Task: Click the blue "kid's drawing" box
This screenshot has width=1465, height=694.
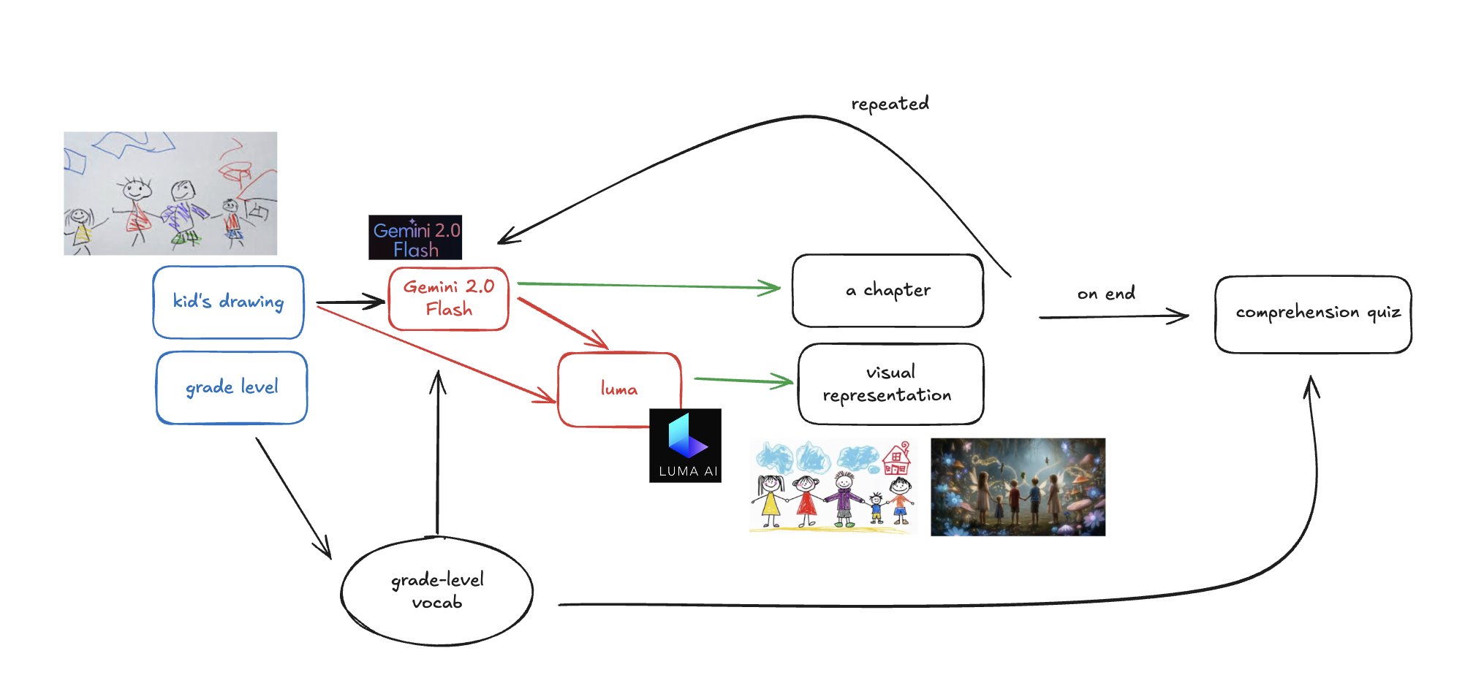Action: [x=228, y=302]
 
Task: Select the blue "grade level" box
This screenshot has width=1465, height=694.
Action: [x=232, y=387]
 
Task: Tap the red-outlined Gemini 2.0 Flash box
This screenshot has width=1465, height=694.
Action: [x=448, y=299]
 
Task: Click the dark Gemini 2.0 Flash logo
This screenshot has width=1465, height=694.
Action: [x=415, y=237]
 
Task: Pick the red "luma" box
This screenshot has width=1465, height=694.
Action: [x=618, y=389]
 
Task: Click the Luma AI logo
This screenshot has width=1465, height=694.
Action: [x=685, y=446]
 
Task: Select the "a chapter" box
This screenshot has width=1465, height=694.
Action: [x=887, y=291]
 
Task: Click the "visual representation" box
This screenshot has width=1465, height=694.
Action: [x=890, y=384]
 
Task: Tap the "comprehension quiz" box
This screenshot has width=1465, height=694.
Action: [x=1313, y=314]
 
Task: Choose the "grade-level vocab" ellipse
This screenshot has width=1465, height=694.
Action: [x=437, y=592]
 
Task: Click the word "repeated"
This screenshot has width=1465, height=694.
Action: [x=890, y=104]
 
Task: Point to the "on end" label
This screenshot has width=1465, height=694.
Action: [x=1106, y=294]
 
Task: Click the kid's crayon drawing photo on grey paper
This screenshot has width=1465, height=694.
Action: [x=170, y=194]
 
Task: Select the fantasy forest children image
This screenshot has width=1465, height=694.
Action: [x=1018, y=487]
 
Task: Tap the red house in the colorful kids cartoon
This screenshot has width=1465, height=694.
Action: [x=896, y=460]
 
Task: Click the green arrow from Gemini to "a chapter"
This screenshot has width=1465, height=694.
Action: [x=649, y=286]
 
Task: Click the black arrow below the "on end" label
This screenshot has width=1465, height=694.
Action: [x=1113, y=317]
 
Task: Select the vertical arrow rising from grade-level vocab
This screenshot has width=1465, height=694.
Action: [x=437, y=453]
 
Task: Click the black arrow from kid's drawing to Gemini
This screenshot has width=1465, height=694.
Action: [x=349, y=302]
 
